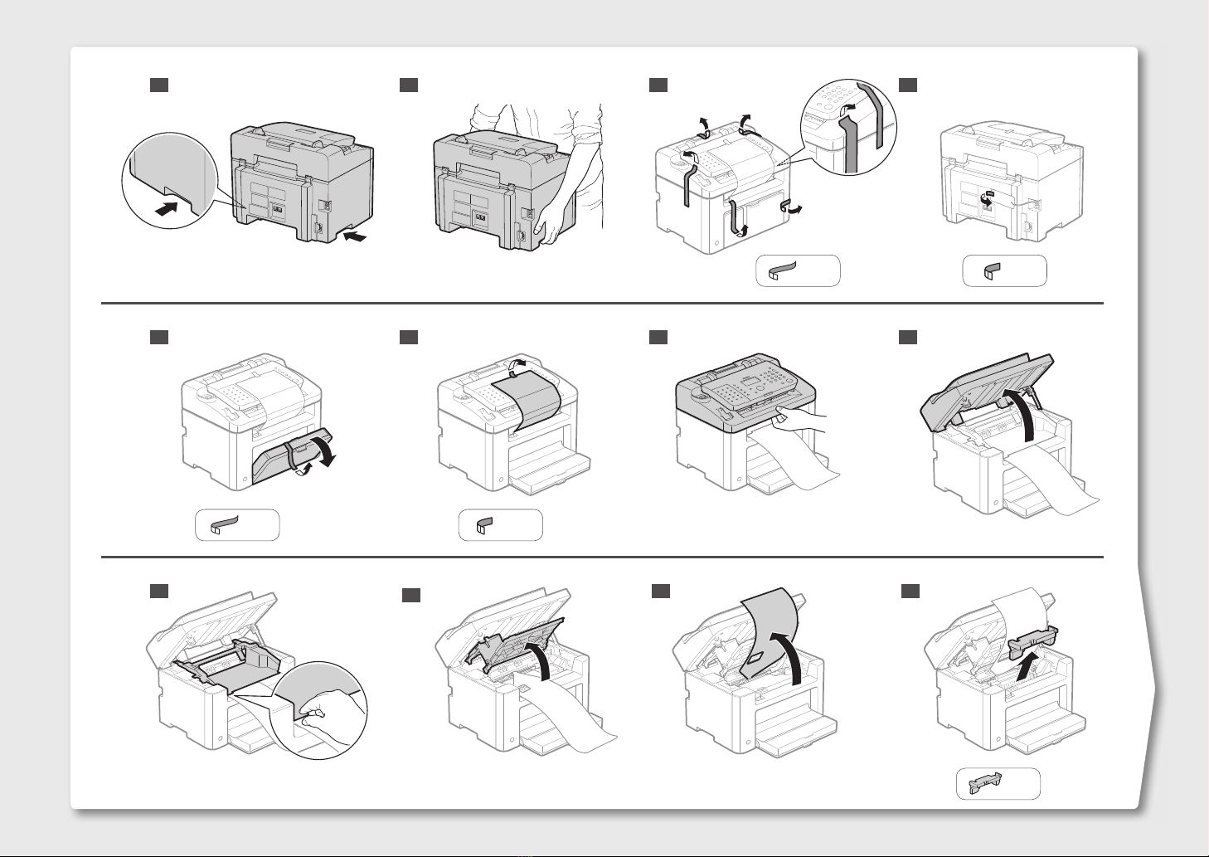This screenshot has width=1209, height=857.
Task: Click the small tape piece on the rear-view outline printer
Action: [987, 198]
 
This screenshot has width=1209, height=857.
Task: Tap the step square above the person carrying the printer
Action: [408, 85]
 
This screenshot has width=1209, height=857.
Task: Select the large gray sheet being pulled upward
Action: [767, 631]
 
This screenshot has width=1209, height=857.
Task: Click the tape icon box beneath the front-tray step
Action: [237, 525]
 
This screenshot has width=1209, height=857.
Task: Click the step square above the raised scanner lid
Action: [909, 337]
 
